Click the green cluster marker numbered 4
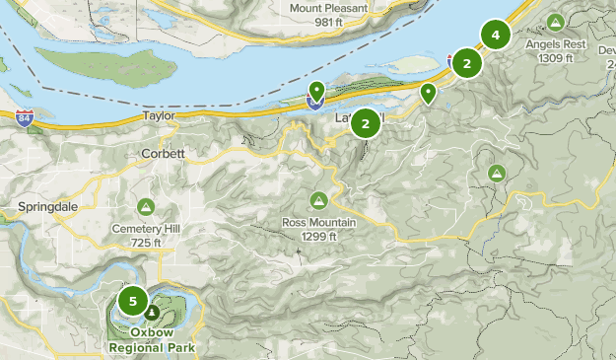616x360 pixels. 496,36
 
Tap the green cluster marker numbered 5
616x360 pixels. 132,301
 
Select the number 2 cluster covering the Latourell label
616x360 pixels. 366,123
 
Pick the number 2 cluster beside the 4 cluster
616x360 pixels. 466,63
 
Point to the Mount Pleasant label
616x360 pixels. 328,9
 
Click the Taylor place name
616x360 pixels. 159,115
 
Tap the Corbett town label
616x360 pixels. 163,155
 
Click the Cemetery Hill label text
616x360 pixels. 145,228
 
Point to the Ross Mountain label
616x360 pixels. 317,222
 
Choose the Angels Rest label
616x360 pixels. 557,43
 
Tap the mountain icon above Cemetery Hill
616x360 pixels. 146,207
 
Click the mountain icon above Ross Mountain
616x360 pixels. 318,200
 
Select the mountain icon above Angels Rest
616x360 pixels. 556,22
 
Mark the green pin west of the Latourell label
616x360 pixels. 316,93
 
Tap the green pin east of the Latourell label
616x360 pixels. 428,93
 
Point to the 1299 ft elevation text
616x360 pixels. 318,236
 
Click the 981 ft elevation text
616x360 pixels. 328,23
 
